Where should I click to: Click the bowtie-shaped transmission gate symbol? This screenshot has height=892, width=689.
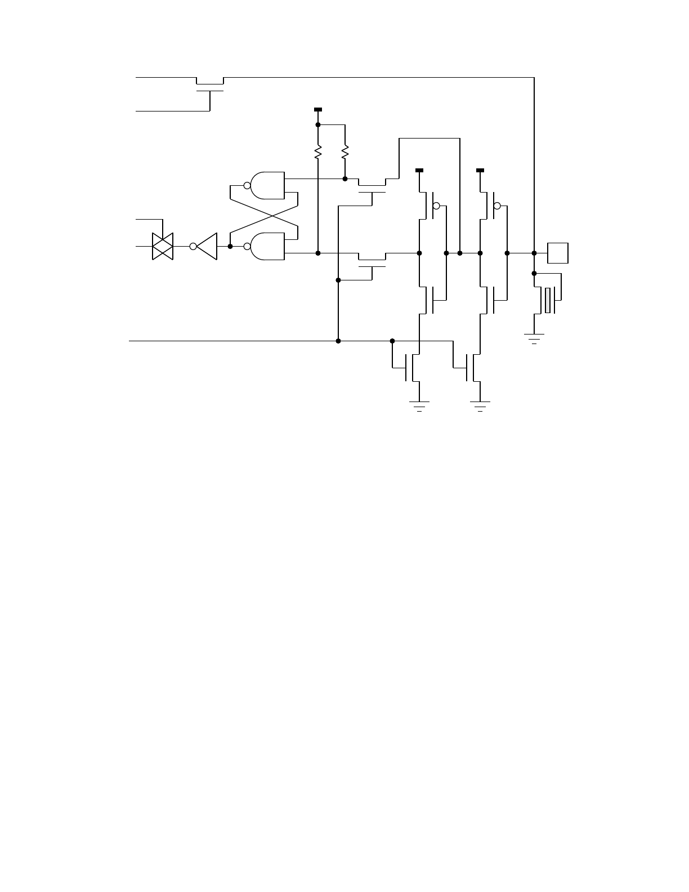(163, 246)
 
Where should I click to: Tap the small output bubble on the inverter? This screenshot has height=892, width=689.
(193, 246)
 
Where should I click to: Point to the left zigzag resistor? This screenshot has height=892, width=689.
(318, 151)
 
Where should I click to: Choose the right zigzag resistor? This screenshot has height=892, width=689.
(345, 151)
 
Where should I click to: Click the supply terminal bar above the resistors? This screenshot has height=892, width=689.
(318, 109)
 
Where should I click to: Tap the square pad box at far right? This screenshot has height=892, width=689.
(558, 253)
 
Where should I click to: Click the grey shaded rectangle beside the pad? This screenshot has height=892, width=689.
(548, 300)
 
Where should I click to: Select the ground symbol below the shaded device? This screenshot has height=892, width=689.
(534, 338)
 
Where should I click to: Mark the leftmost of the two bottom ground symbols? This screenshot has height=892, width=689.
(419, 405)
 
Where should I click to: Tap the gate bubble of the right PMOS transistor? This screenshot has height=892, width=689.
(497, 206)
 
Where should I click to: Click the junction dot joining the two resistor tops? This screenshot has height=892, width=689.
(318, 124)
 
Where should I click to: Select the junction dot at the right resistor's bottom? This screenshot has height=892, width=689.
(345, 179)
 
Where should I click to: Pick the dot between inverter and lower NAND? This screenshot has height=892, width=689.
(230, 246)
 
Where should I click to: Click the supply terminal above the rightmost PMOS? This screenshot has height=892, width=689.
(480, 170)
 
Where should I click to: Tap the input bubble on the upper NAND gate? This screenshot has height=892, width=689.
(247, 185)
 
